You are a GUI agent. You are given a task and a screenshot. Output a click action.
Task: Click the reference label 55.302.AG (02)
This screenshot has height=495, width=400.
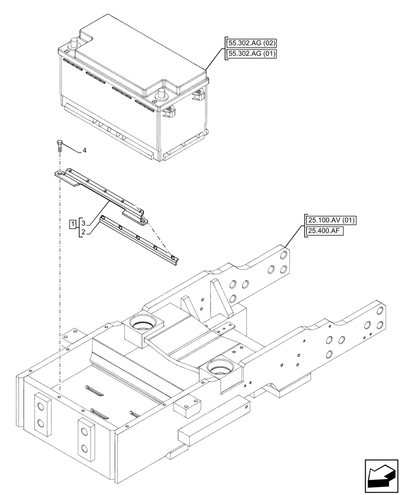(x=250, y=43)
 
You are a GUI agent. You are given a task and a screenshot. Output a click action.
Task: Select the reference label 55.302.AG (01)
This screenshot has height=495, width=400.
(x=250, y=53)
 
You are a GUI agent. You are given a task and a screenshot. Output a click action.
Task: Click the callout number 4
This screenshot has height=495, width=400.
(x=84, y=149)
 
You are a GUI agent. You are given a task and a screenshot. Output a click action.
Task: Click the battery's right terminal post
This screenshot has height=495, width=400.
(x=161, y=94)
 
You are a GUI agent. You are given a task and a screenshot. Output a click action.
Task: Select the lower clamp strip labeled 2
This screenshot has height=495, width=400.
(x=139, y=240)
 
